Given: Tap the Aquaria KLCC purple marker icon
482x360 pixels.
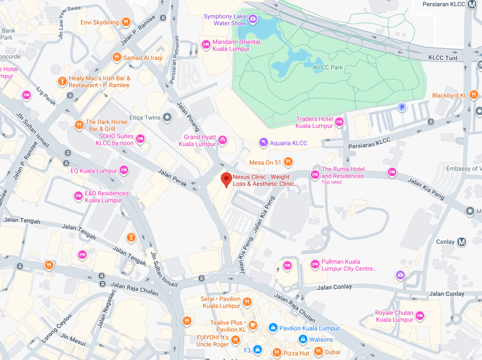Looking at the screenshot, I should tap(263, 142).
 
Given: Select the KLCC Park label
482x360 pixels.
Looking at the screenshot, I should tap(328, 67).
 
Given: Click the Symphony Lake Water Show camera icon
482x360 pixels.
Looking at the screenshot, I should tap(253, 19).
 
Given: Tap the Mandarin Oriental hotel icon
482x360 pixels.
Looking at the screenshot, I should tap(206, 45).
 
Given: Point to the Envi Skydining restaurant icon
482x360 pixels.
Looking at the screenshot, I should tap(126, 22).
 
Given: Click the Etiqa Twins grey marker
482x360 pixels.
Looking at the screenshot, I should tap(167, 117).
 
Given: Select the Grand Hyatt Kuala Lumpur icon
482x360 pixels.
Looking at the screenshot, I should tap(222, 140).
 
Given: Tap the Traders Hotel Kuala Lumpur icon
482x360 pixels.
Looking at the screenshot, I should tap(339, 122).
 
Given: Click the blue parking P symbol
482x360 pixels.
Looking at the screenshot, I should tap(402, 107).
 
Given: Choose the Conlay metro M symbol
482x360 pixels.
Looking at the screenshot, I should tap(462, 242).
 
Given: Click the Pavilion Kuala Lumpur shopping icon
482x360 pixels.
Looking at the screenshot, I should tap(273, 327).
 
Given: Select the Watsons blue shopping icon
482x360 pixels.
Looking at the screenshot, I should tap(303, 339).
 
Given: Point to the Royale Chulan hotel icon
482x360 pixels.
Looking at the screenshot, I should tap(420, 315).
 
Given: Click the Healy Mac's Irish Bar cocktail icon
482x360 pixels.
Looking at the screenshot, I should tap(62, 81).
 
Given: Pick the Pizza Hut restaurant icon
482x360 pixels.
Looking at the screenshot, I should tap(277, 352).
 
